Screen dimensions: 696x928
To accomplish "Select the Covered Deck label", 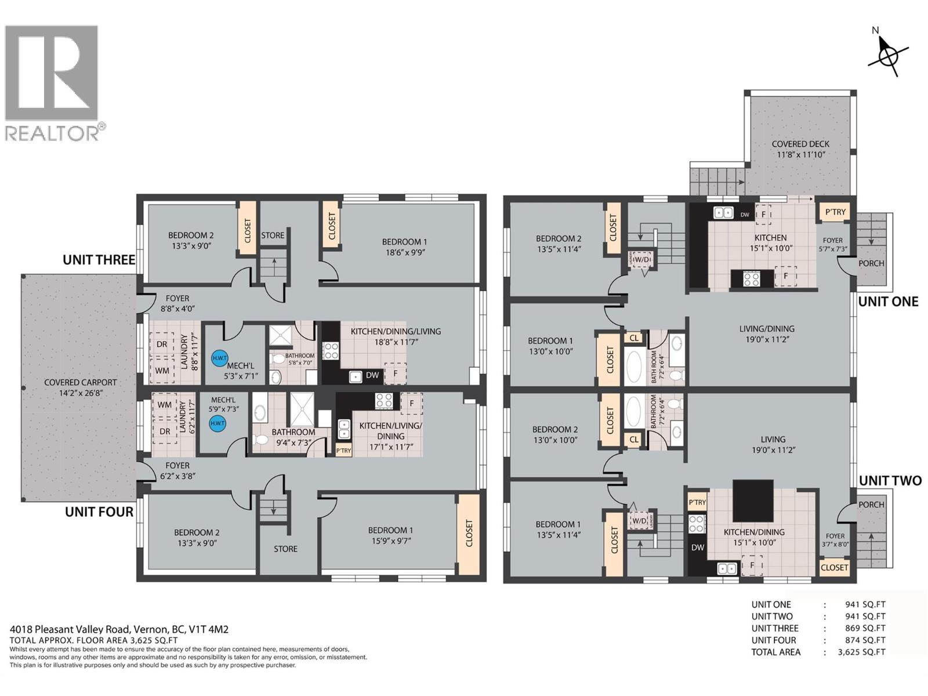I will click(x=800, y=149).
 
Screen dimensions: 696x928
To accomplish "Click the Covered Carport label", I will click(x=80, y=387).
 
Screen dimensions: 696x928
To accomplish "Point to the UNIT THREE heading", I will click(x=99, y=260).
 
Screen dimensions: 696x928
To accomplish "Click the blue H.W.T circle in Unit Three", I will click(x=219, y=358).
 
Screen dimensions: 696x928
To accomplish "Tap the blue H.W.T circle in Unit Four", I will click(x=217, y=423).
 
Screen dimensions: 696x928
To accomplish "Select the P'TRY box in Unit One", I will click(x=835, y=212).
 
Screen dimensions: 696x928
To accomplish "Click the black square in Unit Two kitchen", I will click(x=753, y=501).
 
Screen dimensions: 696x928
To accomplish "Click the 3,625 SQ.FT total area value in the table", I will click(x=861, y=652).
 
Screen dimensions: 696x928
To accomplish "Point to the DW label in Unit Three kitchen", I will click(x=372, y=375).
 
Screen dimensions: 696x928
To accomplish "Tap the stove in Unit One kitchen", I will click(x=752, y=280).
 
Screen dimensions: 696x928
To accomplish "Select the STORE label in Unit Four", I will click(x=285, y=549).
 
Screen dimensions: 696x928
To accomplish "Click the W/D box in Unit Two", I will click(x=640, y=521).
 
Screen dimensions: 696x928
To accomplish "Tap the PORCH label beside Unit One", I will click(x=871, y=263).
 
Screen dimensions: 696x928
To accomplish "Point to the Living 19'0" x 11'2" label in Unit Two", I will click(x=773, y=444).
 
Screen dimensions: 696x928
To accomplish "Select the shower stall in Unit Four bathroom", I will click(x=301, y=409).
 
